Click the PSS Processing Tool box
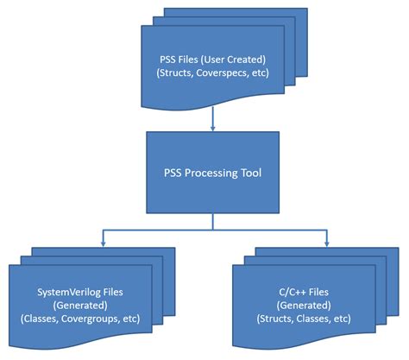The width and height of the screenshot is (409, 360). (211, 172)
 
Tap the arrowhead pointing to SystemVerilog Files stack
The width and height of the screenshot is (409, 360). (103, 241)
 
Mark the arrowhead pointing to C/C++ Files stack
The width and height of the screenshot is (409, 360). (326, 241)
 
